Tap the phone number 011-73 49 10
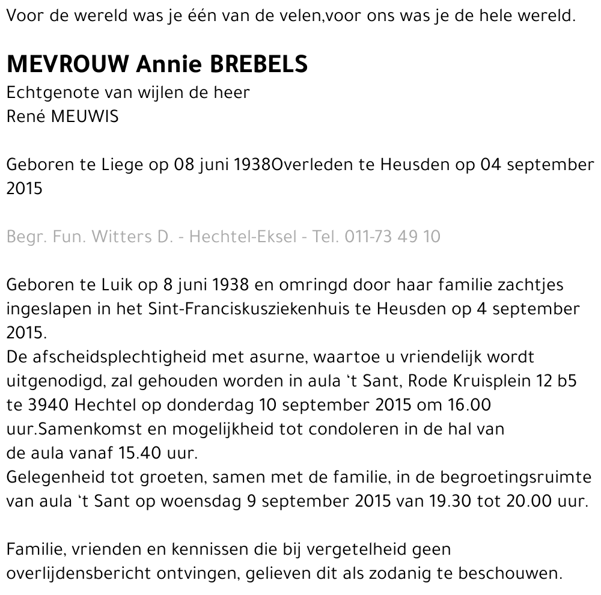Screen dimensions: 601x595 (x=392, y=236)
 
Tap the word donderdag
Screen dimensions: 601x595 (x=210, y=404)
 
